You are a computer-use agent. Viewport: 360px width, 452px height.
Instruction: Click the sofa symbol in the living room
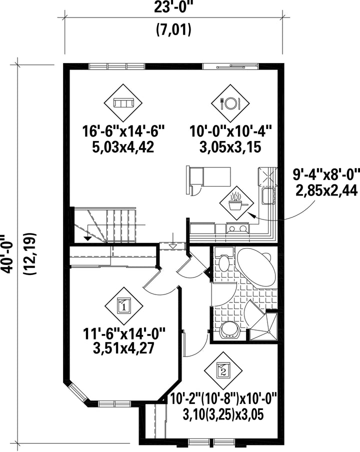coord(123,103)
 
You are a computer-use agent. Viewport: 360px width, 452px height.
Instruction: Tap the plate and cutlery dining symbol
coord(230,103)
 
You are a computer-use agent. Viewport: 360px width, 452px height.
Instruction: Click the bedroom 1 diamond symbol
coord(124,306)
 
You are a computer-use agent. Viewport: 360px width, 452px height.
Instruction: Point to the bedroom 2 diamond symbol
coord(223,370)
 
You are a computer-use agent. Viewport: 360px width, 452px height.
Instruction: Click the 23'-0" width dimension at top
coord(172,7)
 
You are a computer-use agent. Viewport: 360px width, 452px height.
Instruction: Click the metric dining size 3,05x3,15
coord(230,147)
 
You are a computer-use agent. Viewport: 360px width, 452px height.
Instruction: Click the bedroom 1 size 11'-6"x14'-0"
coord(124,334)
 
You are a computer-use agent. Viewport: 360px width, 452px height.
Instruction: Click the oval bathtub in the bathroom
coord(256,266)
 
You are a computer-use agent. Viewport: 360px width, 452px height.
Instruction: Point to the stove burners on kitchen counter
coord(238,228)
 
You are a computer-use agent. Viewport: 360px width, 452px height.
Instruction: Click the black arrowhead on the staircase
coord(87,238)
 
